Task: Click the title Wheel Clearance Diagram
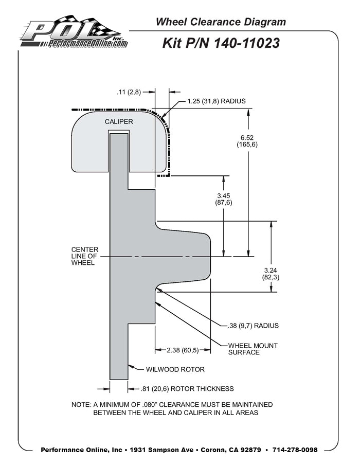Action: pyautogui.click(x=221, y=22)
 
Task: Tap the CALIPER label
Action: pyautogui.click(x=119, y=122)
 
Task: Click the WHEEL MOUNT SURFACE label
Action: pyautogui.click(x=250, y=349)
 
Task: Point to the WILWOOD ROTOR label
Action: pyautogui.click(x=175, y=369)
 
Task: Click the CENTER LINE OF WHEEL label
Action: pyautogui.click(x=84, y=256)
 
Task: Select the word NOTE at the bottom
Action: pyautogui.click(x=81, y=404)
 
